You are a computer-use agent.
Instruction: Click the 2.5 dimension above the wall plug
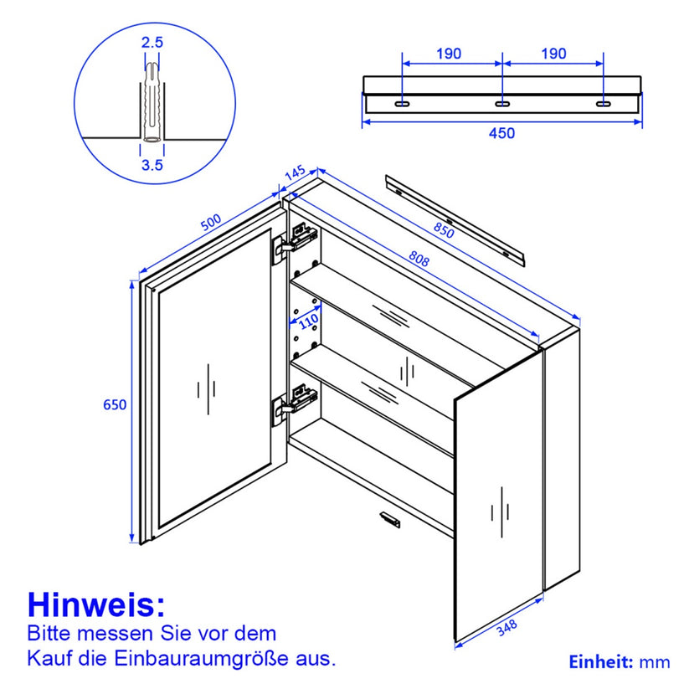[x=152, y=43]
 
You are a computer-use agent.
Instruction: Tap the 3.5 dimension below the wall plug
[x=152, y=165]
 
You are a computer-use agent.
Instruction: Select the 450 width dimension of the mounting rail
[x=501, y=133]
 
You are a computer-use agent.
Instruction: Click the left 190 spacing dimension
[x=449, y=54]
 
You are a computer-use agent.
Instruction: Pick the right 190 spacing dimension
[x=553, y=54]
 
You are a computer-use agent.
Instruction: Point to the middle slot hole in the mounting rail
[x=502, y=104]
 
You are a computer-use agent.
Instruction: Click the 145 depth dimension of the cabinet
[x=295, y=173]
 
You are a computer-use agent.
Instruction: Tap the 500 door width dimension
[x=211, y=223]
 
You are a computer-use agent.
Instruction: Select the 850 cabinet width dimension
[x=444, y=230]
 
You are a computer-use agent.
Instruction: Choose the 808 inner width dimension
[x=419, y=259]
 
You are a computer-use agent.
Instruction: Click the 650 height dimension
[x=115, y=404]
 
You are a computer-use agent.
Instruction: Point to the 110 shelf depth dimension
[x=308, y=321]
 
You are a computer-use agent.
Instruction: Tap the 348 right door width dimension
[x=506, y=628]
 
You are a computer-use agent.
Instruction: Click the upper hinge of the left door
[x=294, y=243]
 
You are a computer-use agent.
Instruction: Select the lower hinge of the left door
[x=294, y=404]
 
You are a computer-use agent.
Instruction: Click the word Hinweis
[x=96, y=605]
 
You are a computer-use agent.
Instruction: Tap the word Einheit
[x=601, y=661]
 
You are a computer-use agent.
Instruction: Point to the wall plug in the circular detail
[x=152, y=102]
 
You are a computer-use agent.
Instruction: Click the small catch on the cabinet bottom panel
[x=390, y=519]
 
